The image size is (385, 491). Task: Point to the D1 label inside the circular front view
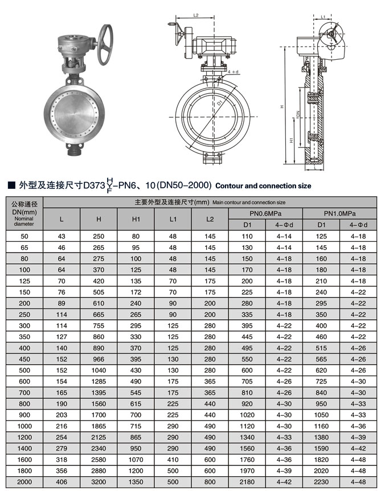click(x=219, y=104)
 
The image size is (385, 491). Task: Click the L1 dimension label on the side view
click(x=323, y=17)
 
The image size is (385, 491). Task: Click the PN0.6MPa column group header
click(x=265, y=213)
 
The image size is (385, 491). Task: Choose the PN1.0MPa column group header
click(x=339, y=213)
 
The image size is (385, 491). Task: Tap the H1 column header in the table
click(x=136, y=219)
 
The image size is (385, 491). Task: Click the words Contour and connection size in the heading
click(x=264, y=185)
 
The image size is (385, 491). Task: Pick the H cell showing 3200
click(x=99, y=482)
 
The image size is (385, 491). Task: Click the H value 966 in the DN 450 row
click(x=99, y=359)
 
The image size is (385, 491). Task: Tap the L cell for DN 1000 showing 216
click(x=62, y=425)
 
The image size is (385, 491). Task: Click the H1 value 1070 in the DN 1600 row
click(x=136, y=458)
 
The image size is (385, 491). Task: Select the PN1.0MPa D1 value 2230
click(x=321, y=482)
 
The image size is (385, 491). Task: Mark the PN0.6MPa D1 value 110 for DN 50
click(x=247, y=236)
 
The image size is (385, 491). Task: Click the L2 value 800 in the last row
click(x=210, y=482)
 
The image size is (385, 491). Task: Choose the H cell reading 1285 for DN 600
click(x=99, y=381)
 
